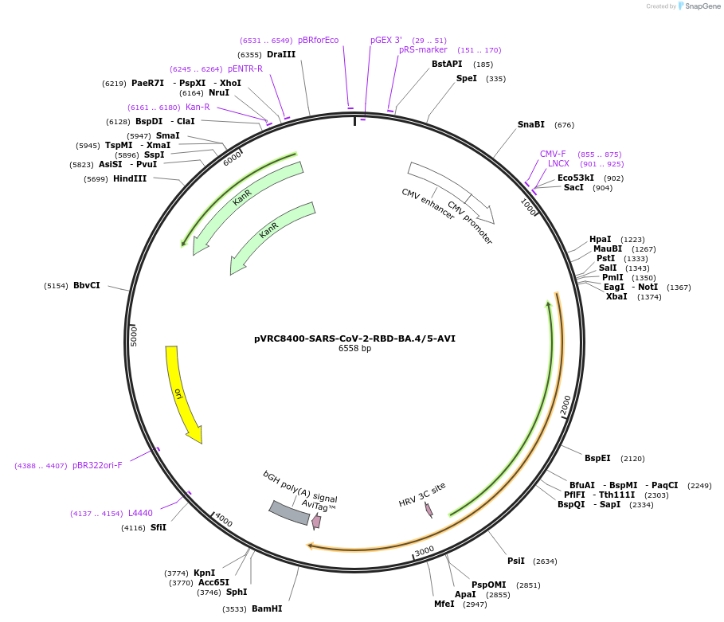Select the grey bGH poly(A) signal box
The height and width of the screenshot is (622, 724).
click(289, 513)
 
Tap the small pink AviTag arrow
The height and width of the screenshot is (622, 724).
click(316, 522)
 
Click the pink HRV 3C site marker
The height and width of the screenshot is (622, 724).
click(429, 509)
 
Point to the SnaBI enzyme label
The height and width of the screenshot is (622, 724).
click(531, 124)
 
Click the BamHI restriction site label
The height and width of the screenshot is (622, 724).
click(267, 608)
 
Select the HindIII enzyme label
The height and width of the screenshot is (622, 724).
click(130, 178)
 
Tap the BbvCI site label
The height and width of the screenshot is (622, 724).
click(87, 285)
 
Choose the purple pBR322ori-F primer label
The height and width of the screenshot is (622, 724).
click(97, 465)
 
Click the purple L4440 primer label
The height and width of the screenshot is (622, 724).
click(140, 513)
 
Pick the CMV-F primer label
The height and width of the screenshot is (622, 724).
click(553, 154)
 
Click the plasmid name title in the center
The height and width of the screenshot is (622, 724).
click(355, 338)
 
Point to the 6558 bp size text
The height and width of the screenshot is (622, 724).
click(355, 349)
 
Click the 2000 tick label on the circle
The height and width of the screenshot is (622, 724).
click(566, 405)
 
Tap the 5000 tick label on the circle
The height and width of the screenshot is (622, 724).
click(135, 334)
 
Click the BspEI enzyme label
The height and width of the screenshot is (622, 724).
click(597, 458)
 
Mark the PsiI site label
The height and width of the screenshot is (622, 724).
click(516, 561)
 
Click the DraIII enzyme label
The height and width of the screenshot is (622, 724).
click(281, 54)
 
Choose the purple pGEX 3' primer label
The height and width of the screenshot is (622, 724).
click(386, 40)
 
